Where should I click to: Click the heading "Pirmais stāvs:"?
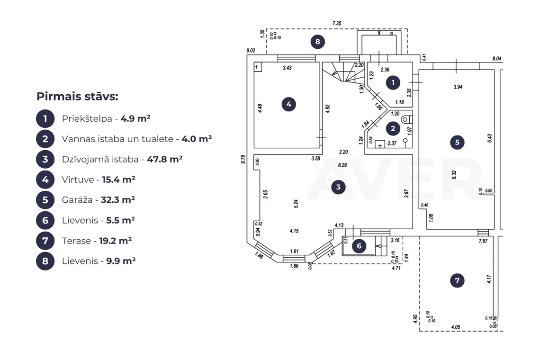point(78,97)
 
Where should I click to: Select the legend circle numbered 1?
point(45,119)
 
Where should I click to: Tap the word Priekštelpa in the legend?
point(87,119)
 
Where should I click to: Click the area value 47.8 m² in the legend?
point(165,159)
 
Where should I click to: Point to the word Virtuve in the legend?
point(78,180)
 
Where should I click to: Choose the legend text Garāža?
point(77,200)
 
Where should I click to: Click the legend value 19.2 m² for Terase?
point(116,241)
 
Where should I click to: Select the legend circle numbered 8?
point(45,261)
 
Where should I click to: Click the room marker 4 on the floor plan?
point(288,104)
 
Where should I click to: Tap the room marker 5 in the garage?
point(457,142)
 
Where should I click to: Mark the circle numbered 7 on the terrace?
point(457,280)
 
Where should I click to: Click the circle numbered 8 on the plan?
point(317,42)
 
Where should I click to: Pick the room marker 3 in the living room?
point(338,187)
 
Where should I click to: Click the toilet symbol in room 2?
point(406,119)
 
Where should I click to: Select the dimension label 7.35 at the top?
point(337,23)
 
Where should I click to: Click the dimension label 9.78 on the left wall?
point(243,159)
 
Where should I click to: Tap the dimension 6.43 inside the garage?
point(489,138)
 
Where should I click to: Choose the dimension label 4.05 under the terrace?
point(456,327)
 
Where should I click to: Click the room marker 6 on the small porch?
point(359,246)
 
